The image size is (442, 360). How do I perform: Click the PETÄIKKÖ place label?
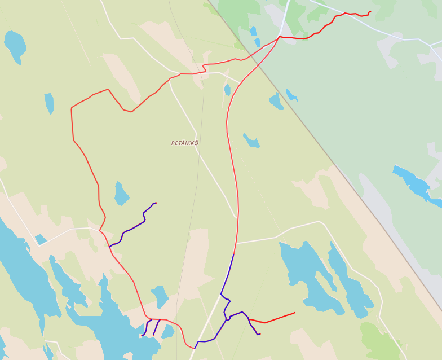[x=185, y=143]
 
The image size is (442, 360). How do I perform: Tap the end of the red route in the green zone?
[x=370, y=11]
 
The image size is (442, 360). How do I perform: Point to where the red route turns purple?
[x=233, y=254]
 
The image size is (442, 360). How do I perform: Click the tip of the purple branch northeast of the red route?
[x=156, y=203]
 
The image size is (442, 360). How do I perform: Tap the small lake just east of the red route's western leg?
[x=121, y=194]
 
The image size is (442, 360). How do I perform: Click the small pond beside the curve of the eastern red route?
[x=227, y=90]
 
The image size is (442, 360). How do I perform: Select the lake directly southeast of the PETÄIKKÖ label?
[x=251, y=140]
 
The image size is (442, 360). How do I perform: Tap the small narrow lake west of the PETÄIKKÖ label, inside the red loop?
[x=49, y=103]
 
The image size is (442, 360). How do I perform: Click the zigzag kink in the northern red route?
[x=204, y=68]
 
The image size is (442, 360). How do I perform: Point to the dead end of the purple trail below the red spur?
[x=259, y=334]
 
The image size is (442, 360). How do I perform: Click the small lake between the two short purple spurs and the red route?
[x=160, y=296]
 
